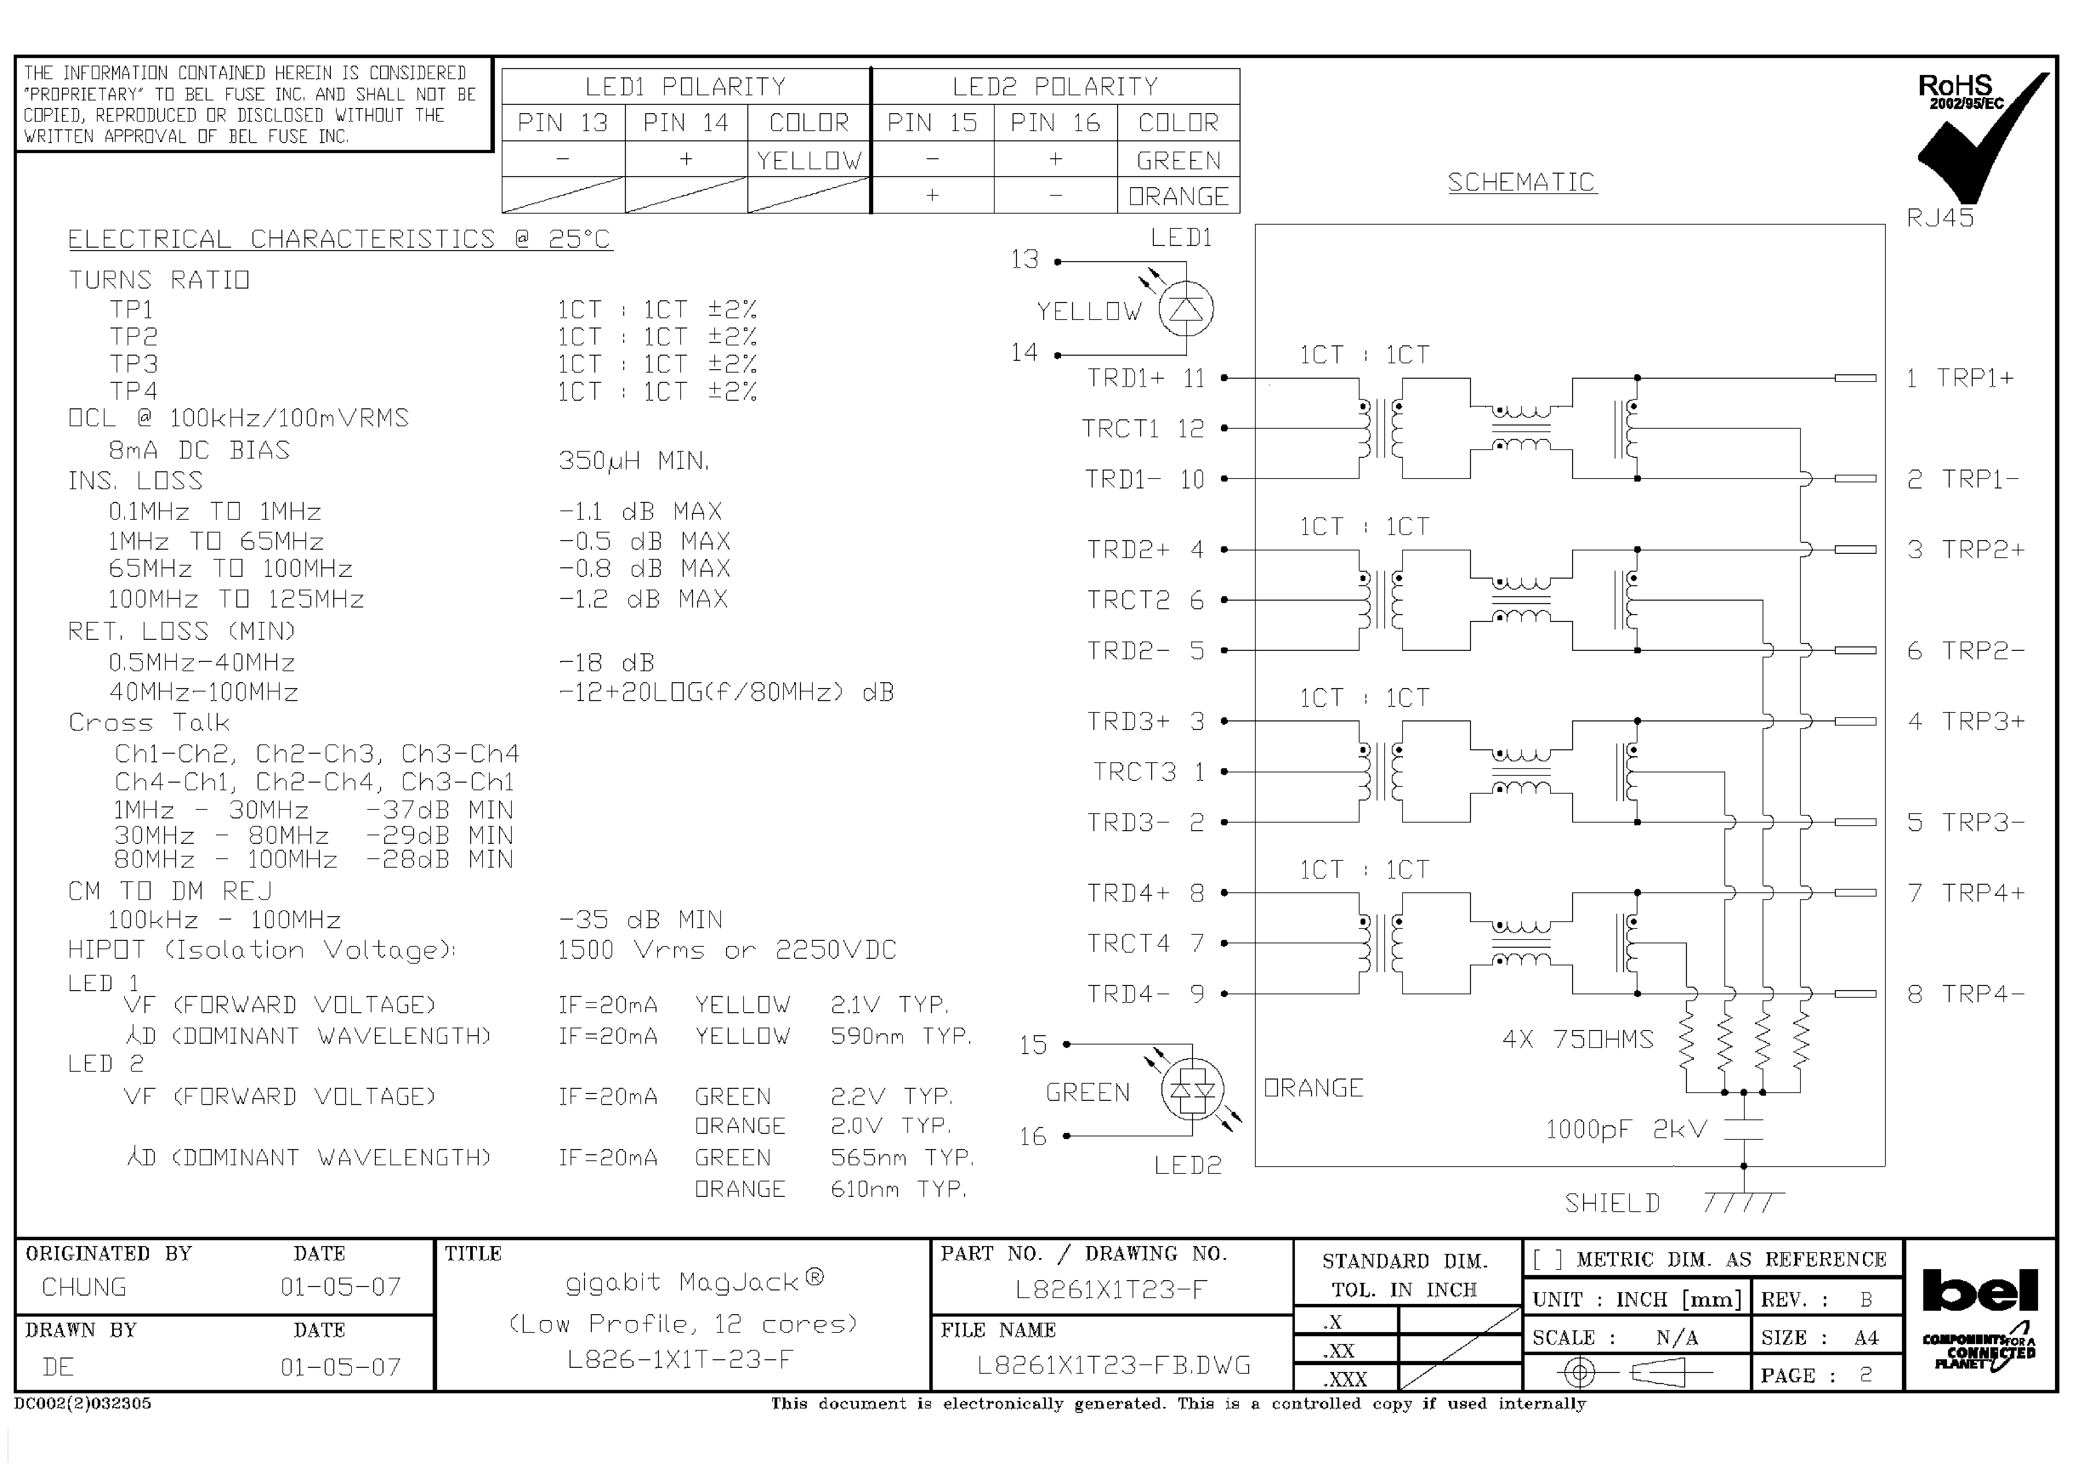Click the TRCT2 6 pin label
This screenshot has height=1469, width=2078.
pos(1145,600)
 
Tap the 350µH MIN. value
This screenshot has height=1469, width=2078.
pos(633,461)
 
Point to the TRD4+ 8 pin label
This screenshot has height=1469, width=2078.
pos(1145,893)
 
